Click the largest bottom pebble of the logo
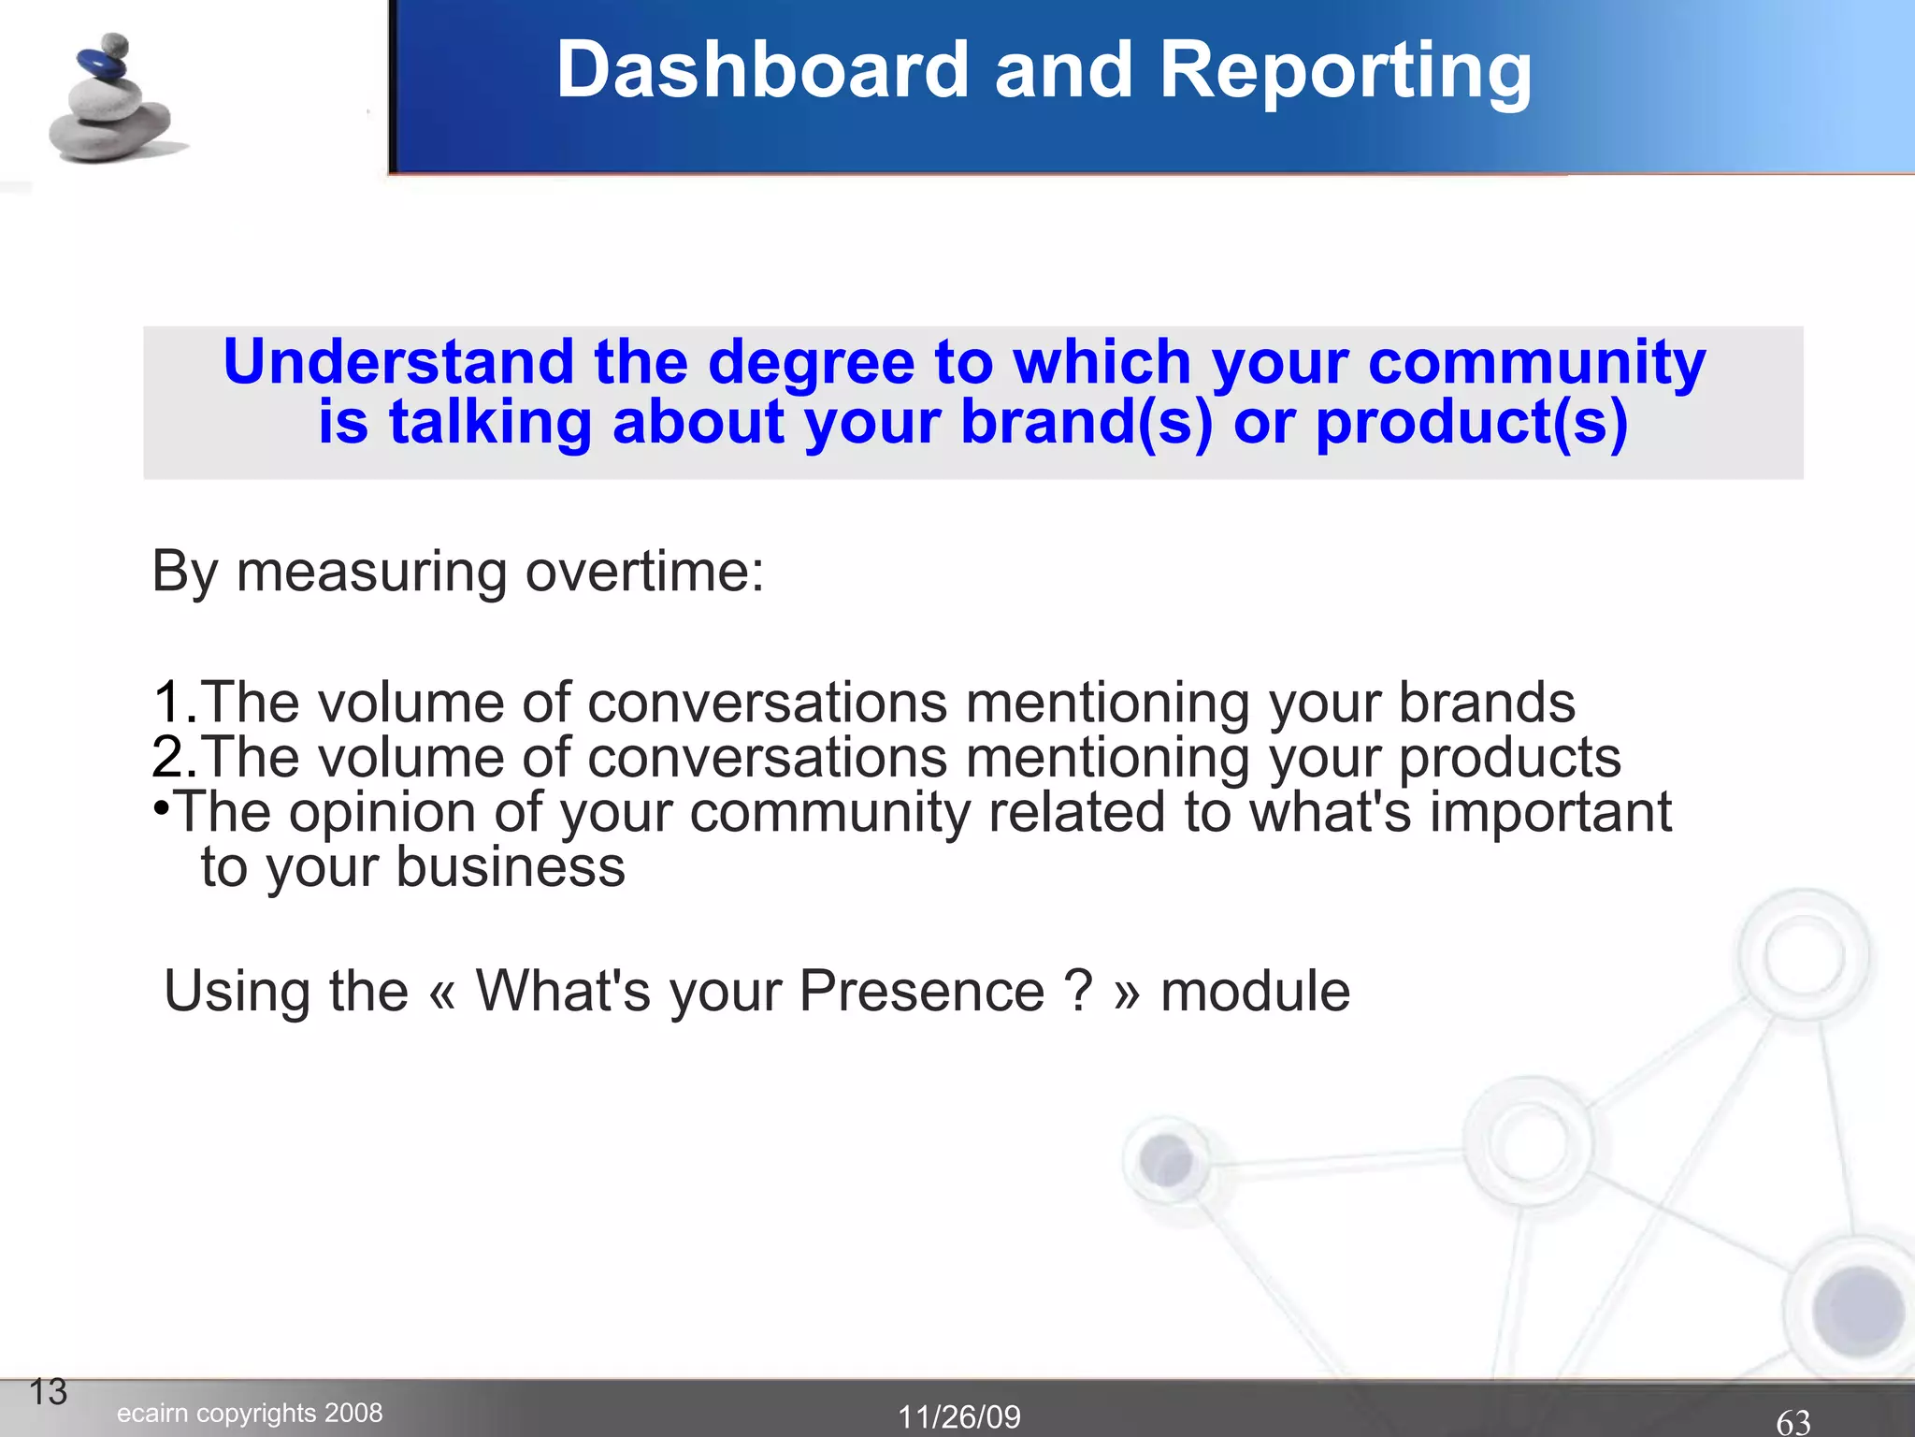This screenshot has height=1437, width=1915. point(110,134)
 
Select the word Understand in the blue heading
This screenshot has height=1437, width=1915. point(398,363)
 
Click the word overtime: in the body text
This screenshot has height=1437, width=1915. point(644,572)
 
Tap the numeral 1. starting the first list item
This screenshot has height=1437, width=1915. point(174,703)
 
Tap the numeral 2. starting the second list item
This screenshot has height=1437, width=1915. point(174,757)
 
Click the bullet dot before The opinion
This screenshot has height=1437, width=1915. point(162,806)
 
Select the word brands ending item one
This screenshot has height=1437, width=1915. point(1486,703)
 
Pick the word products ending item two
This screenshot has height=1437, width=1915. point(1509,759)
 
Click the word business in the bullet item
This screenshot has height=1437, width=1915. point(510,867)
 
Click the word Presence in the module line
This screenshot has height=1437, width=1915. point(921,992)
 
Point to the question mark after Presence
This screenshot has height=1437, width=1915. point(1078,992)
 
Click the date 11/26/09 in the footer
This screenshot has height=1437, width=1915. point(959,1416)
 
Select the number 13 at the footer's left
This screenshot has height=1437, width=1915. point(48,1392)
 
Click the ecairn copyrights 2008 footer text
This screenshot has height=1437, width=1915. point(250,1413)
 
